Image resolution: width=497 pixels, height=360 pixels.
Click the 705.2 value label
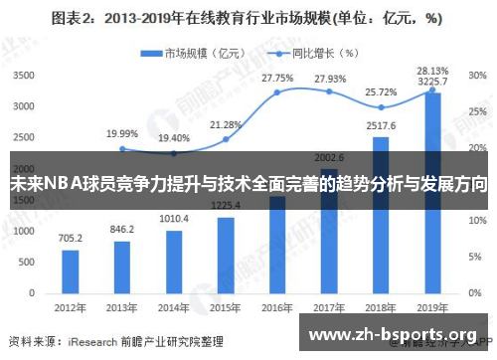point(70,239)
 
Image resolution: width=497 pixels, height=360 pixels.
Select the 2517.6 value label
point(381,126)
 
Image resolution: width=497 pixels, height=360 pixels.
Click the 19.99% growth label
point(121,132)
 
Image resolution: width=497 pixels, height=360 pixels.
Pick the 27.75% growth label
point(277,77)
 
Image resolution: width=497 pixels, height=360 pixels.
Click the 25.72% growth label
point(381,90)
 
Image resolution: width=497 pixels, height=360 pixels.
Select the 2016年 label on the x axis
point(276,308)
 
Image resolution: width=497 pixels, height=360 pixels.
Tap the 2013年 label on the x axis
point(121,308)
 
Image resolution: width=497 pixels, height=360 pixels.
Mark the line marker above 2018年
point(381,107)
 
